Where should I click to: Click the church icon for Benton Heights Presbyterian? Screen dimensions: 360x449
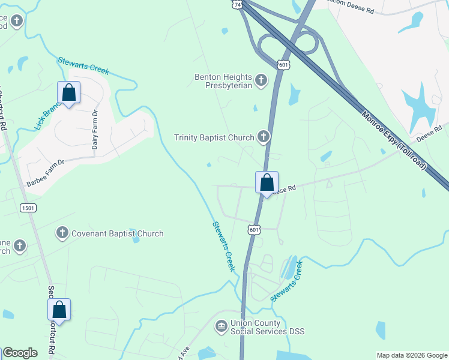[261, 80]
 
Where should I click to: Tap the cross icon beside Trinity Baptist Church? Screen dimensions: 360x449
[263, 137]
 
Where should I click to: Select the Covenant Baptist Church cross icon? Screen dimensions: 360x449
[62, 233]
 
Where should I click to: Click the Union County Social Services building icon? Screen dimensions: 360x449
[221, 326]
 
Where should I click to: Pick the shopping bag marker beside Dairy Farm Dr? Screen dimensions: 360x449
[69, 94]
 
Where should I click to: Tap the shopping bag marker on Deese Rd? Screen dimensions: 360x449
[267, 183]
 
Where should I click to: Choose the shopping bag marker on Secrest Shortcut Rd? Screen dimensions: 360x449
[59, 310]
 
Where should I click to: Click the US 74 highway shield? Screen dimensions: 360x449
[238, 4]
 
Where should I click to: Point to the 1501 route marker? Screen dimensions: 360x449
[28, 208]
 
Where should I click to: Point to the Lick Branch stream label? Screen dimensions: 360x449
[48, 116]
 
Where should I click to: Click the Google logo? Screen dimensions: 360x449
[20, 353]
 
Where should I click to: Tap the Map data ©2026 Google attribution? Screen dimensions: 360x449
[412, 355]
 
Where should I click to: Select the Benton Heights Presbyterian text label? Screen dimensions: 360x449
[223, 80]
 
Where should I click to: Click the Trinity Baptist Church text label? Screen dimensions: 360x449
[214, 137]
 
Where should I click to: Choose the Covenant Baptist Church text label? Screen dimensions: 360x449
[117, 233]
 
